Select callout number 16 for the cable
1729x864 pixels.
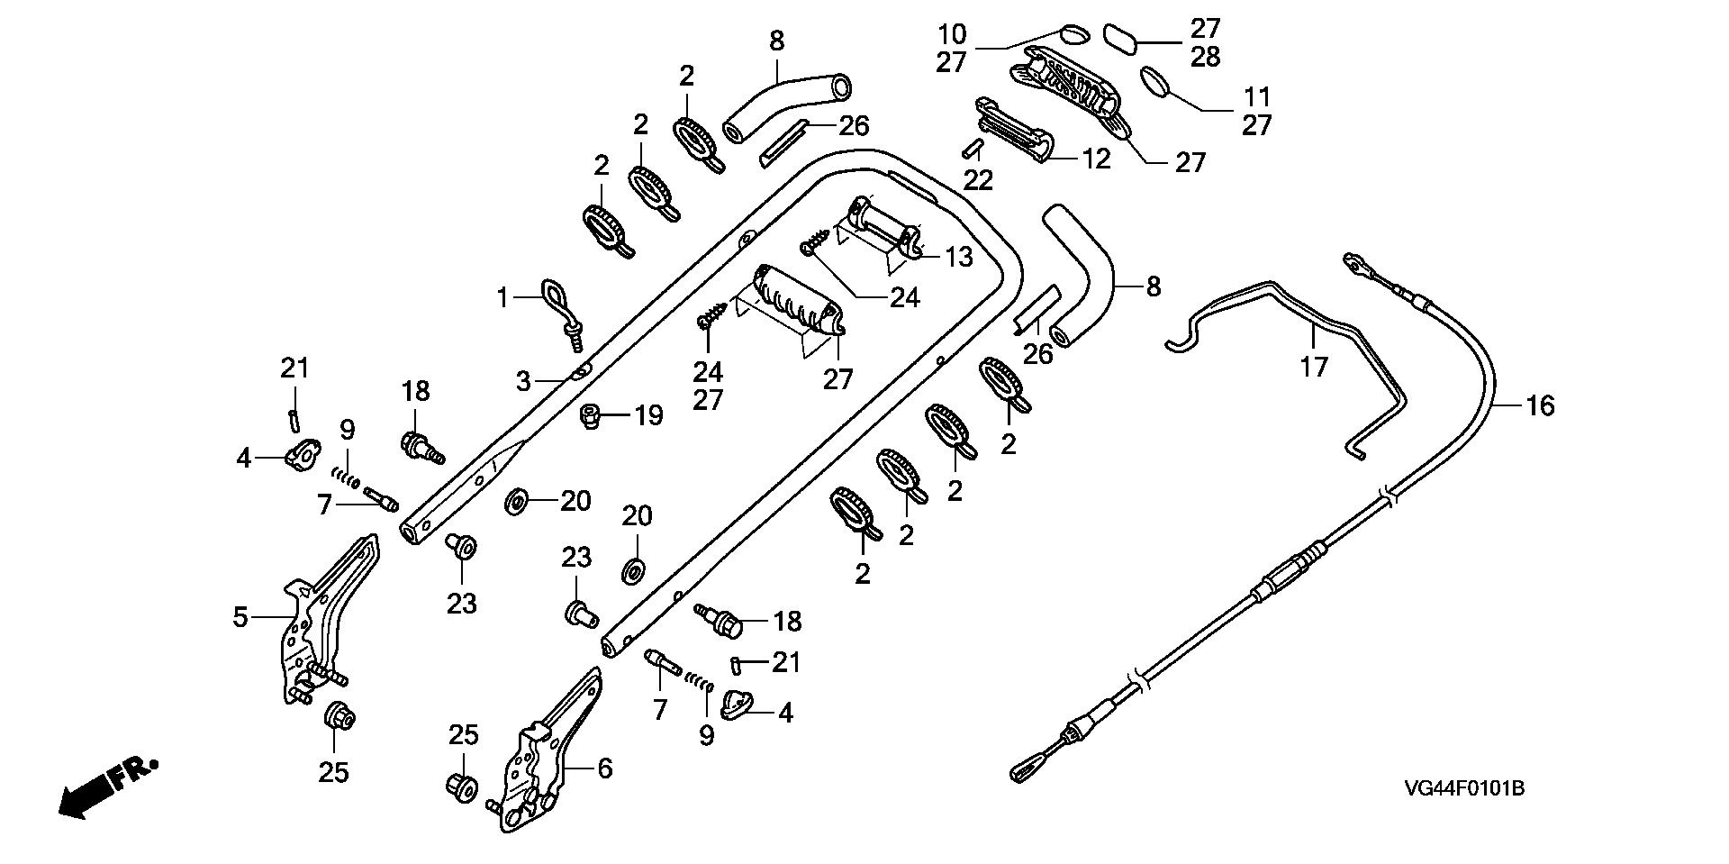point(1540,406)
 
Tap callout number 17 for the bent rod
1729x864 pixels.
point(1314,367)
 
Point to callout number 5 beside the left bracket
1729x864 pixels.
point(240,617)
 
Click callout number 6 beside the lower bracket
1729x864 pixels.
point(604,769)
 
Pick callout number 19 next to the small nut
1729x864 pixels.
point(649,415)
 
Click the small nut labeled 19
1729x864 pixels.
point(591,416)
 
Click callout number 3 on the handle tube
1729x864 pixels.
point(523,381)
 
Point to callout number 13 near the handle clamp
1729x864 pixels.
point(960,257)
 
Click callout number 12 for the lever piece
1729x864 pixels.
point(1097,159)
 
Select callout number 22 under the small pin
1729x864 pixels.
point(978,180)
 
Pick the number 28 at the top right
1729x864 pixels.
point(1205,57)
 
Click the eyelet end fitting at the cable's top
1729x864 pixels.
point(1353,262)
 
